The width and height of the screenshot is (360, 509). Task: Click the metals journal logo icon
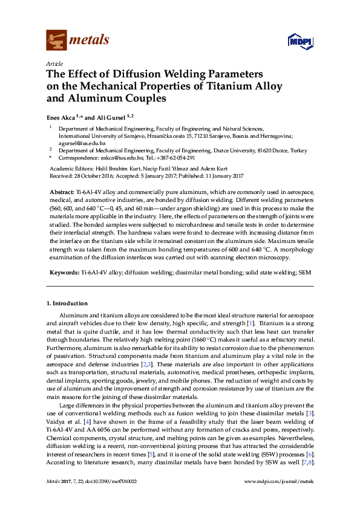pos(56,41)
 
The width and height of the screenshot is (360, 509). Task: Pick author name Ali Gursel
pos(109,117)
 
